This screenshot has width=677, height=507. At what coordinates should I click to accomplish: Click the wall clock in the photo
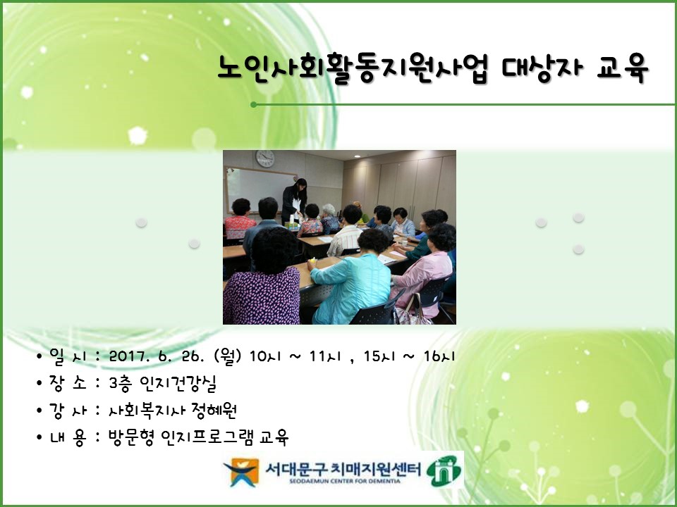click(265, 158)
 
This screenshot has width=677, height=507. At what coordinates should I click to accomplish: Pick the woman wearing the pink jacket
click(423, 271)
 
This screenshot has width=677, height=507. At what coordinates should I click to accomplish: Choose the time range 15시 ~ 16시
click(409, 356)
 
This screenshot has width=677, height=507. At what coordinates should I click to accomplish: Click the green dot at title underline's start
click(254, 105)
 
